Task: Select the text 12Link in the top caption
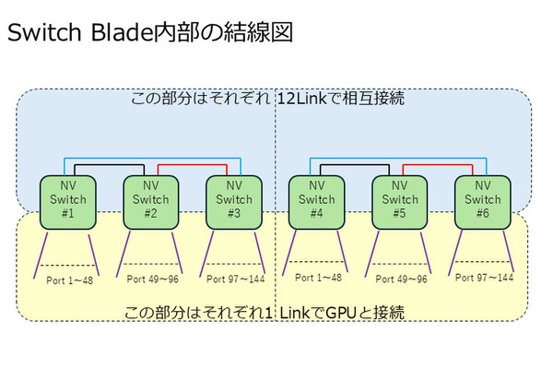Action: click(305, 97)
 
